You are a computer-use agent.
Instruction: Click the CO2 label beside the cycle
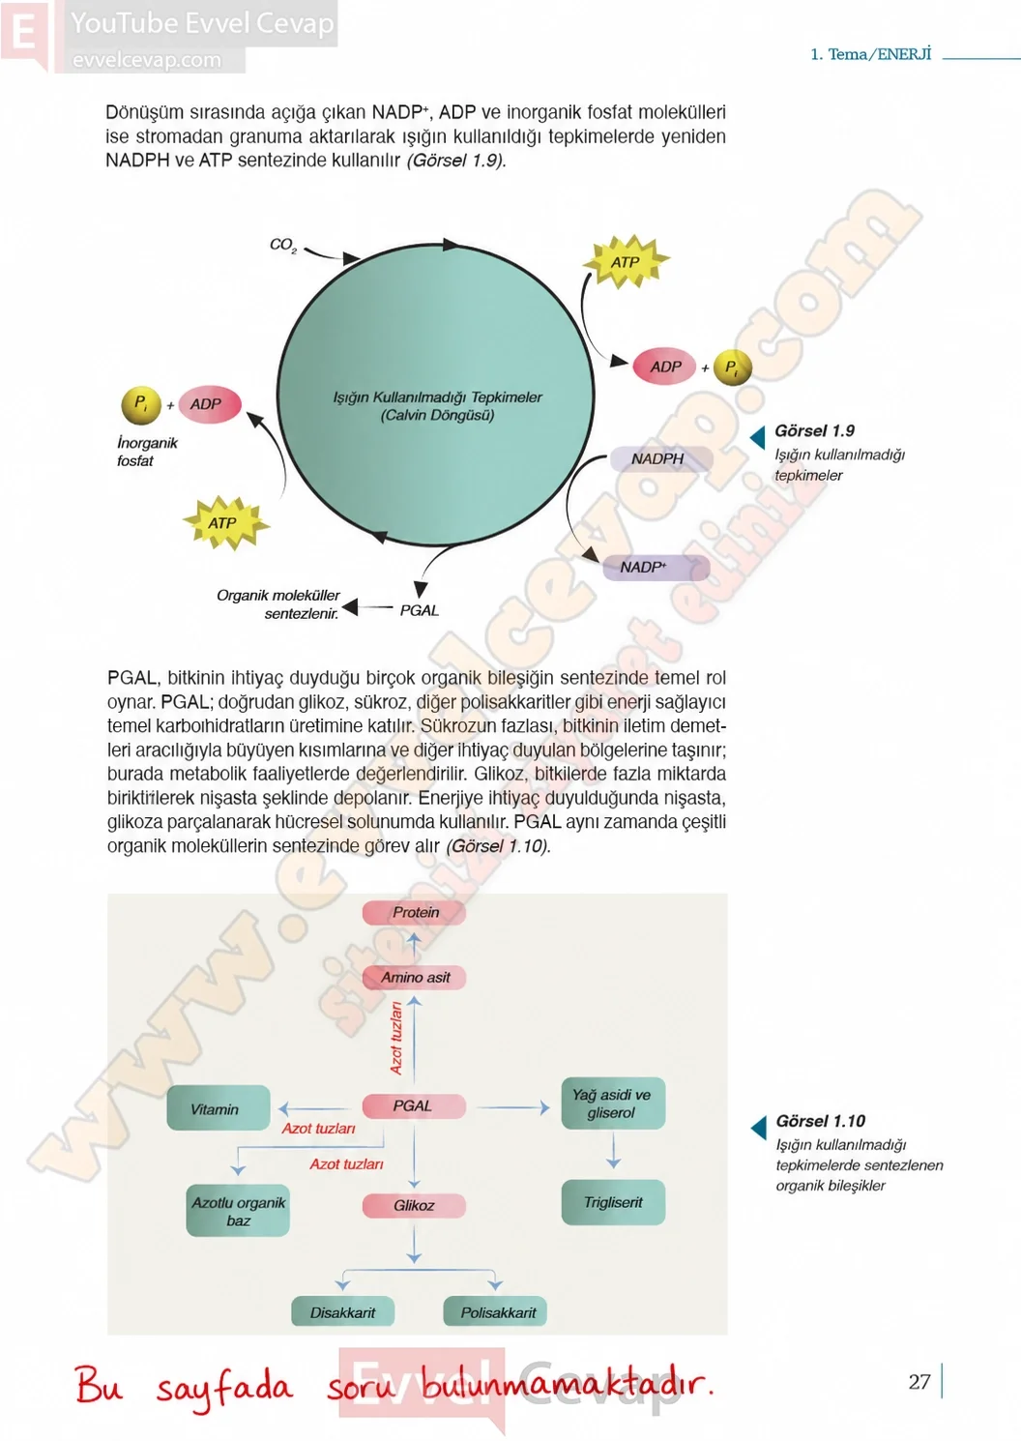pos(283,245)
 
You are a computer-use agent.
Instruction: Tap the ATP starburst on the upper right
pos(626,261)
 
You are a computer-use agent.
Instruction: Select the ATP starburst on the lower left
pos(225,522)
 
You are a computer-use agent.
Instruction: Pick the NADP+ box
pos(656,568)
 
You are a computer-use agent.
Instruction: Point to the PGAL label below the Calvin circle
pos(420,610)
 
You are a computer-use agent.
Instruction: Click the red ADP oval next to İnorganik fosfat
pos(210,404)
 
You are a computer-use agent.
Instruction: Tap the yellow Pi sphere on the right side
pos(732,368)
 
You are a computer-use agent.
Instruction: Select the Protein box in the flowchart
pos(414,912)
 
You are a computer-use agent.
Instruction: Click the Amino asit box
pos(414,977)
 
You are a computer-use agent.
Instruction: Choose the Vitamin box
pos(218,1108)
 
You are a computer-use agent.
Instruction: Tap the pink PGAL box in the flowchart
pos(414,1105)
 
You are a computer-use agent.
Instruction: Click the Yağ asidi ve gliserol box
pos(613,1103)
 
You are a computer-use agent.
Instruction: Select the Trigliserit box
pos(613,1202)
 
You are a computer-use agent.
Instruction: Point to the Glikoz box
pos(414,1206)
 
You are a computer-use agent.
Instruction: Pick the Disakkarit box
pos(342,1311)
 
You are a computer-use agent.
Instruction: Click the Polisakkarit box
pos(495,1311)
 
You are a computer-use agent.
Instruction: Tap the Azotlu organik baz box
pos(238,1211)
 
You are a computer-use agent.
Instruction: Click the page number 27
pos(919,1381)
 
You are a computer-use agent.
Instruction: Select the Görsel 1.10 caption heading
pos(821,1121)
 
